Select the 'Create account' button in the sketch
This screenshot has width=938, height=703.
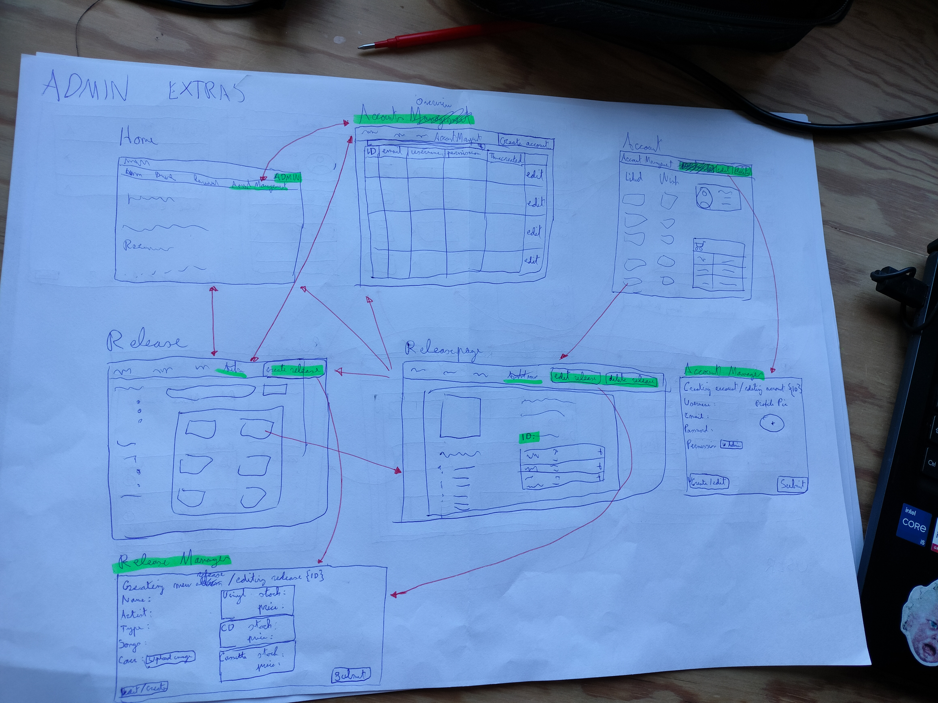pyautogui.click(x=526, y=143)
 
